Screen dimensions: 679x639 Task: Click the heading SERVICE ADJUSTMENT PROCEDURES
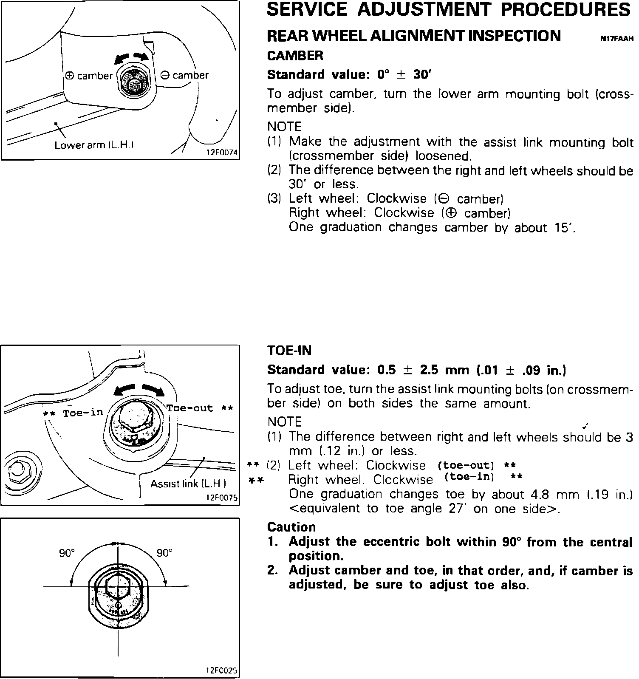pos(448,9)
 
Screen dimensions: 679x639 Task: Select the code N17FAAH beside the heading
pos(617,39)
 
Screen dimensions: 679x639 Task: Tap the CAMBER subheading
pos(295,56)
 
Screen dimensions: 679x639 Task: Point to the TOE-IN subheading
pos(289,351)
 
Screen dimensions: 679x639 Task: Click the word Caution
pos(291,527)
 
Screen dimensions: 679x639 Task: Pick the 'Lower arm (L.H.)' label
pos(94,145)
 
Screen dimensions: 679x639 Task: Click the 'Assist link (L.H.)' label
pos(188,484)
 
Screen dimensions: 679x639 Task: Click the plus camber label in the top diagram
pos(89,76)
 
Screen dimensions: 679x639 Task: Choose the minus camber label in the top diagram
pos(185,76)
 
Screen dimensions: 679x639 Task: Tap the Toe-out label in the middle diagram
pos(189,408)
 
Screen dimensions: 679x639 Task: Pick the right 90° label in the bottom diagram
pos(164,553)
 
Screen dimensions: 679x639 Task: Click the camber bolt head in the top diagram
pos(133,81)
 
